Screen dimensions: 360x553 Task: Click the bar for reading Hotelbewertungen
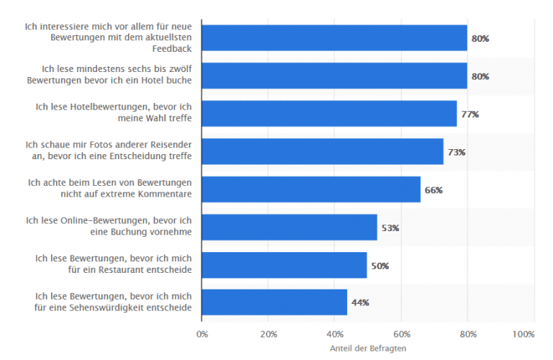point(329,114)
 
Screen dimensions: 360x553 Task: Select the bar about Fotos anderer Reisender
point(323,152)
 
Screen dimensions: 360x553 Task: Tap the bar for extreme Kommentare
point(311,190)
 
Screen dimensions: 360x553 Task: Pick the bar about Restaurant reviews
point(284,265)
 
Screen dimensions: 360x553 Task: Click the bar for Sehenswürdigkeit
point(274,302)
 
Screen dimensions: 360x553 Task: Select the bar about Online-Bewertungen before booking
point(289,228)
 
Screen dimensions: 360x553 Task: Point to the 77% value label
point(470,114)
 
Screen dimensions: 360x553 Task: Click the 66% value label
point(433,190)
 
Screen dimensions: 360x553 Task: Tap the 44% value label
point(360,302)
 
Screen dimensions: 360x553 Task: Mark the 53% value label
point(390,228)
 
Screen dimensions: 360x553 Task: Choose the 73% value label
point(457,152)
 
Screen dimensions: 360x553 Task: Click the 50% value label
point(380,265)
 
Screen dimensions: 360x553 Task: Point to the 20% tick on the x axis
point(268,334)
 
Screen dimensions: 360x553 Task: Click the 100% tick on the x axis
point(523,334)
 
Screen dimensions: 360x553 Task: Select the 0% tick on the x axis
point(202,334)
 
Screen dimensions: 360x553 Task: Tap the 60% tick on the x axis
point(401,334)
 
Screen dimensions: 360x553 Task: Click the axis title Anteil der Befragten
point(367,348)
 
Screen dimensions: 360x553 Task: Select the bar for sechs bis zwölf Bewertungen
point(334,76)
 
